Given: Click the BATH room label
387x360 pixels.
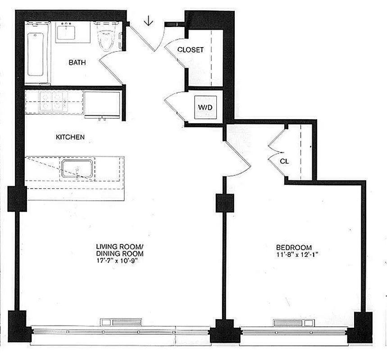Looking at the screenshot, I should coord(77,63).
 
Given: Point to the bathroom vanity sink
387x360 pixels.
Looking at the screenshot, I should coord(68,32).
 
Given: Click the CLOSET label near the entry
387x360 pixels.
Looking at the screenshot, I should coord(190,50).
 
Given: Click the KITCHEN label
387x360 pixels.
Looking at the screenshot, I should coord(70,137).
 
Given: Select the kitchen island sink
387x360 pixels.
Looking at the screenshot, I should coord(77,169).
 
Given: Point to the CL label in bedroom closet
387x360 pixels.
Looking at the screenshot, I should coord(284,160).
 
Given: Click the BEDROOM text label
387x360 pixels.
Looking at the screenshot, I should coord(294,247).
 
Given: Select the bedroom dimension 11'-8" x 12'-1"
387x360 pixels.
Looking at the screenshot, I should coord(294,254).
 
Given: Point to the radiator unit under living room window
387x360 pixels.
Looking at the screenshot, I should coord(120,322).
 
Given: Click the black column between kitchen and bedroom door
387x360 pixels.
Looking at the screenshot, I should coord(224,202).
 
